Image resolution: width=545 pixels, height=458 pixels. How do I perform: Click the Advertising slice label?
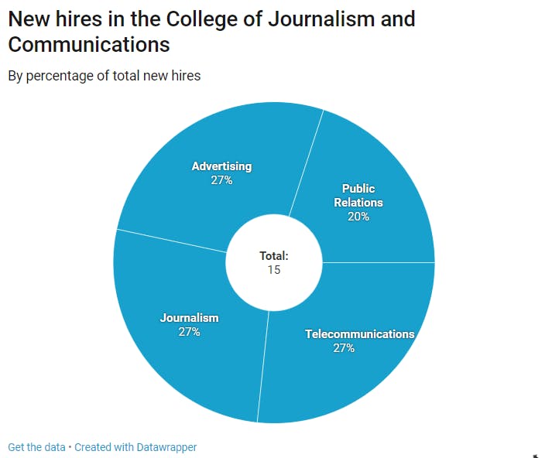(221, 166)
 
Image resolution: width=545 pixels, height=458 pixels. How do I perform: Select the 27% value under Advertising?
(221, 180)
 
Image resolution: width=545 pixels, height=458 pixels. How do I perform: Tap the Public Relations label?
(358, 195)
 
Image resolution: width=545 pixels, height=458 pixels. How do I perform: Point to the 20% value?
(358, 217)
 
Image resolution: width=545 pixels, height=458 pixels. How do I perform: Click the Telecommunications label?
(360, 334)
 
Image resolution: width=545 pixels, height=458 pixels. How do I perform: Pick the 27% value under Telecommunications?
(344, 348)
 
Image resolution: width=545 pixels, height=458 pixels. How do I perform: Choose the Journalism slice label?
(190, 317)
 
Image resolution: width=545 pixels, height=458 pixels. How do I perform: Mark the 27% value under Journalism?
(190, 332)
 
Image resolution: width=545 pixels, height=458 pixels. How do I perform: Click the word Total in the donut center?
(273, 255)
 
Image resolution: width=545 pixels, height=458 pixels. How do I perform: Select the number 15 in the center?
(274, 270)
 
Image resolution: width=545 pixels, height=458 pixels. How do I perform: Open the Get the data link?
(36, 447)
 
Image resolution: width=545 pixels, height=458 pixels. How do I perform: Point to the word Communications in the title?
(89, 44)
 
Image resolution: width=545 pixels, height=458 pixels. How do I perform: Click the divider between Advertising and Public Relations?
(307, 162)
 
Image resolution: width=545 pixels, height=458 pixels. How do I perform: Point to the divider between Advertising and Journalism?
(170, 241)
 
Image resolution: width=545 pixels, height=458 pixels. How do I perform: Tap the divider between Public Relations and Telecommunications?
(379, 262)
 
